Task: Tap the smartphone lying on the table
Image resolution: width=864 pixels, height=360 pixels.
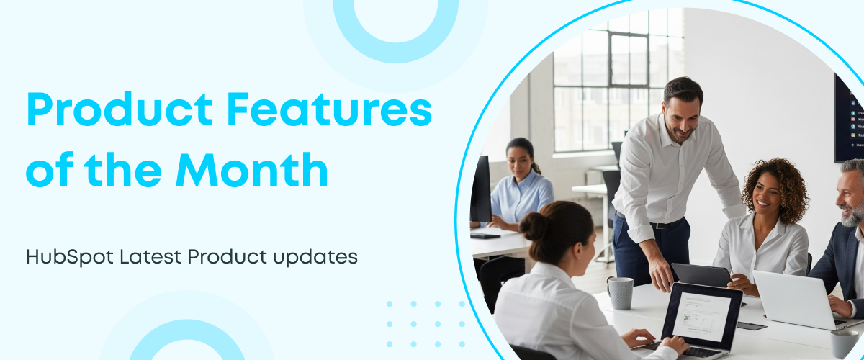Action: click(x=752, y=325)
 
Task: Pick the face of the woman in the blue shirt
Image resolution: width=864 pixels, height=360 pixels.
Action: click(x=520, y=164)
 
